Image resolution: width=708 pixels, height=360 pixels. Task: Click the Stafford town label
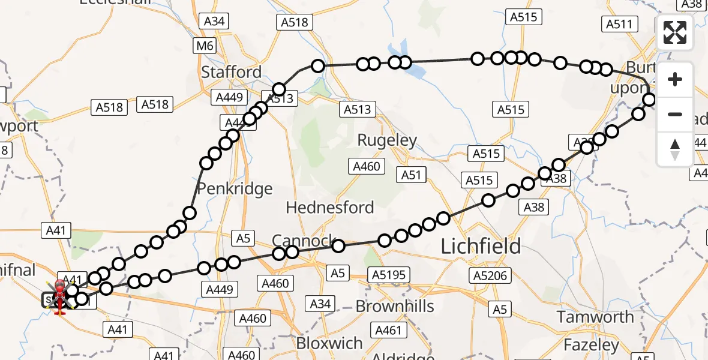click(x=231, y=72)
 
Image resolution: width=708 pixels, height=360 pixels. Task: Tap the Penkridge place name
click(x=235, y=189)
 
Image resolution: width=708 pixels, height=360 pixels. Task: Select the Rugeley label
click(x=387, y=140)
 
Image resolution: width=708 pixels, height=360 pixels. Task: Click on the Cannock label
click(x=303, y=241)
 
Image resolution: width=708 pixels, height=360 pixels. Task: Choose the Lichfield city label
click(x=481, y=246)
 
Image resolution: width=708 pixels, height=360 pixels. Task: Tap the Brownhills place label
click(x=394, y=306)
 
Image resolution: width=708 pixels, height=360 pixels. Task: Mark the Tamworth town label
click(x=595, y=317)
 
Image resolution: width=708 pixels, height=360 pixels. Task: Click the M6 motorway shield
click(x=204, y=46)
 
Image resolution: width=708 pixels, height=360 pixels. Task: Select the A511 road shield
click(x=619, y=24)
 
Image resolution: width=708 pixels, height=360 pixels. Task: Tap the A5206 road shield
click(x=490, y=275)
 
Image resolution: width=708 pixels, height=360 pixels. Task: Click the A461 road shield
click(x=388, y=329)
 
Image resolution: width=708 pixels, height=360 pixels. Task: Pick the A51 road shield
click(x=411, y=175)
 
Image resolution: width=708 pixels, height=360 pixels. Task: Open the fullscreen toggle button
click(x=675, y=32)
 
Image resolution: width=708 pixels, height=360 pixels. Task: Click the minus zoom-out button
click(x=675, y=114)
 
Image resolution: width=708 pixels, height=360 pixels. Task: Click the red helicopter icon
click(x=60, y=296)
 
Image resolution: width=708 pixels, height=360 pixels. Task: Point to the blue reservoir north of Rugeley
click(x=408, y=63)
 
